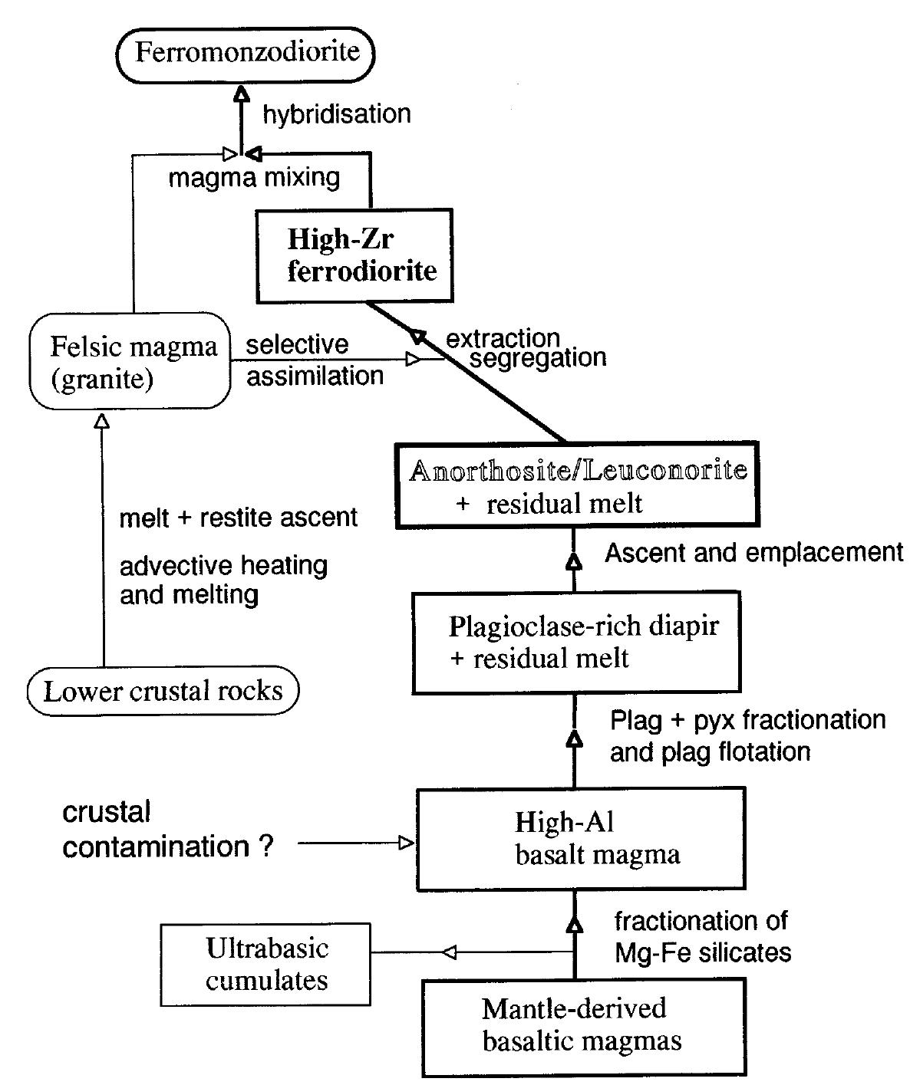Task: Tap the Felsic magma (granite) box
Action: [x=130, y=363]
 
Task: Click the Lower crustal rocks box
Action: [x=163, y=692]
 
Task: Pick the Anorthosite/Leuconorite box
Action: [x=577, y=485]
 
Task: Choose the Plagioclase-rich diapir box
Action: [x=575, y=642]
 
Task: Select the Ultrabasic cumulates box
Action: [x=265, y=964]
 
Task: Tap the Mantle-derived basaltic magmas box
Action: [x=583, y=1026]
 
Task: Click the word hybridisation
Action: [x=336, y=114]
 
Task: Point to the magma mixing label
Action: [x=254, y=178]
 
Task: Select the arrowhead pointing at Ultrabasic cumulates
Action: [x=450, y=952]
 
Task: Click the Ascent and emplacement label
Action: [x=753, y=553]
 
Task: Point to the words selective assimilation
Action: [x=315, y=360]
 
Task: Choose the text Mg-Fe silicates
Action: [x=703, y=953]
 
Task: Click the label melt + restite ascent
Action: [x=239, y=518]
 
